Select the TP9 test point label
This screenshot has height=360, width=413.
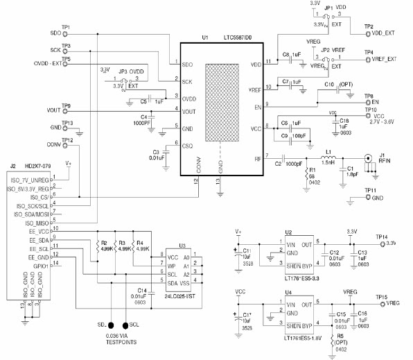(66, 105)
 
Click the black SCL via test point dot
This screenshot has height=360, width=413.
(125, 324)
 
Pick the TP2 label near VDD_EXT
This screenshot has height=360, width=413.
(369, 26)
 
